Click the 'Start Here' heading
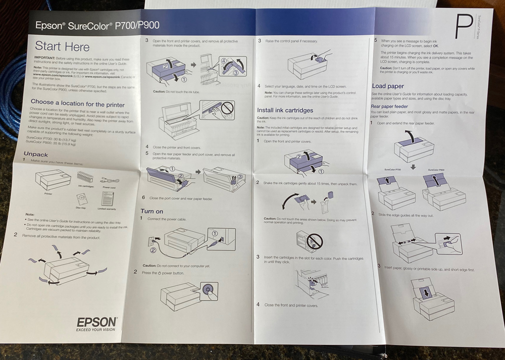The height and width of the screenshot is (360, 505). point(62,47)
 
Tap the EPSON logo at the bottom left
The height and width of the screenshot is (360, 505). point(97,322)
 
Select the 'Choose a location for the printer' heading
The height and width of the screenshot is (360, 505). point(77,104)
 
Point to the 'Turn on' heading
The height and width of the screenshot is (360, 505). point(152,211)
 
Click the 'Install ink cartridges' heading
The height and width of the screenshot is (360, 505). point(285,110)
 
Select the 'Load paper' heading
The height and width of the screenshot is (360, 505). point(388,86)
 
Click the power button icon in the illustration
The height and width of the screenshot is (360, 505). point(208,291)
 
